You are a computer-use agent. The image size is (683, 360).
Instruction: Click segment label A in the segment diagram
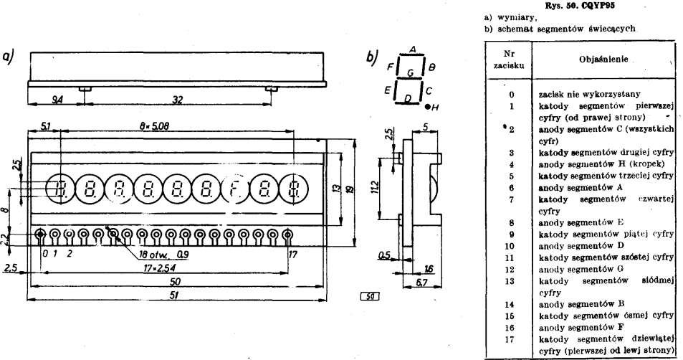(412, 48)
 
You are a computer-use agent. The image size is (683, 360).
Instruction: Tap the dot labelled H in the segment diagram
(427, 107)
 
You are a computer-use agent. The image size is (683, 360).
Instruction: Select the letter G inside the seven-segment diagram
(409, 72)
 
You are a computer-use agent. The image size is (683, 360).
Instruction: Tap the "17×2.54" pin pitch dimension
(157, 267)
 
